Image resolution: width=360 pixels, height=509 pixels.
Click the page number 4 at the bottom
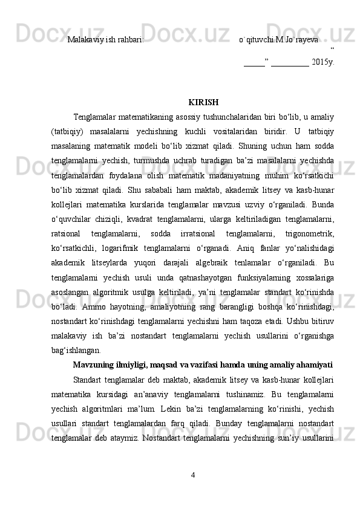point(192,491)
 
